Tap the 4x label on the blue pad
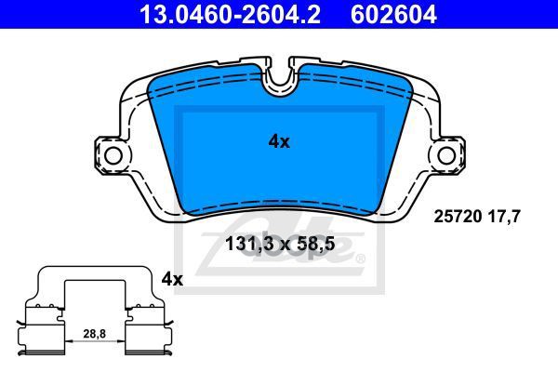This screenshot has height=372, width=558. pyautogui.click(x=279, y=141)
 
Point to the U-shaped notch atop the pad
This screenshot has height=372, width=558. pyautogui.click(x=279, y=79)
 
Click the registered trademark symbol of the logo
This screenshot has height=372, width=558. pyautogui.click(x=360, y=259)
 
